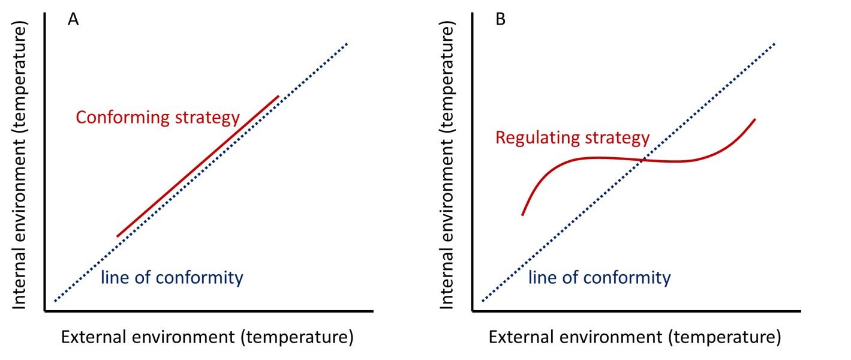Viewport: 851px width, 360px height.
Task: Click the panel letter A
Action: [73, 20]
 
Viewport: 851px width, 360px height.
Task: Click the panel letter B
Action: [501, 20]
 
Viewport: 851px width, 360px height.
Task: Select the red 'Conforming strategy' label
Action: [157, 117]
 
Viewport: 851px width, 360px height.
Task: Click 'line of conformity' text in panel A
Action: [172, 278]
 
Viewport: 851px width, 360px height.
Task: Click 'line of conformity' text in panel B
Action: [599, 278]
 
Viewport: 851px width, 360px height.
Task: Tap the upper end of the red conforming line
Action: [278, 96]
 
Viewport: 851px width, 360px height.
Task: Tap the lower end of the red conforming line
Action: [118, 236]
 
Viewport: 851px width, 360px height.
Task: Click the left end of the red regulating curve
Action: [523, 214]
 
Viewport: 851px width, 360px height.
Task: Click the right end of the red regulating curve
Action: [754, 119]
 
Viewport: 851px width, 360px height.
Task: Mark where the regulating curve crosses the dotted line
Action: [642, 160]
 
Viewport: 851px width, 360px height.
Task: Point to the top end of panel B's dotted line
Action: [775, 43]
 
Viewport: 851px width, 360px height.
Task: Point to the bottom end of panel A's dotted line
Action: [55, 301]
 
